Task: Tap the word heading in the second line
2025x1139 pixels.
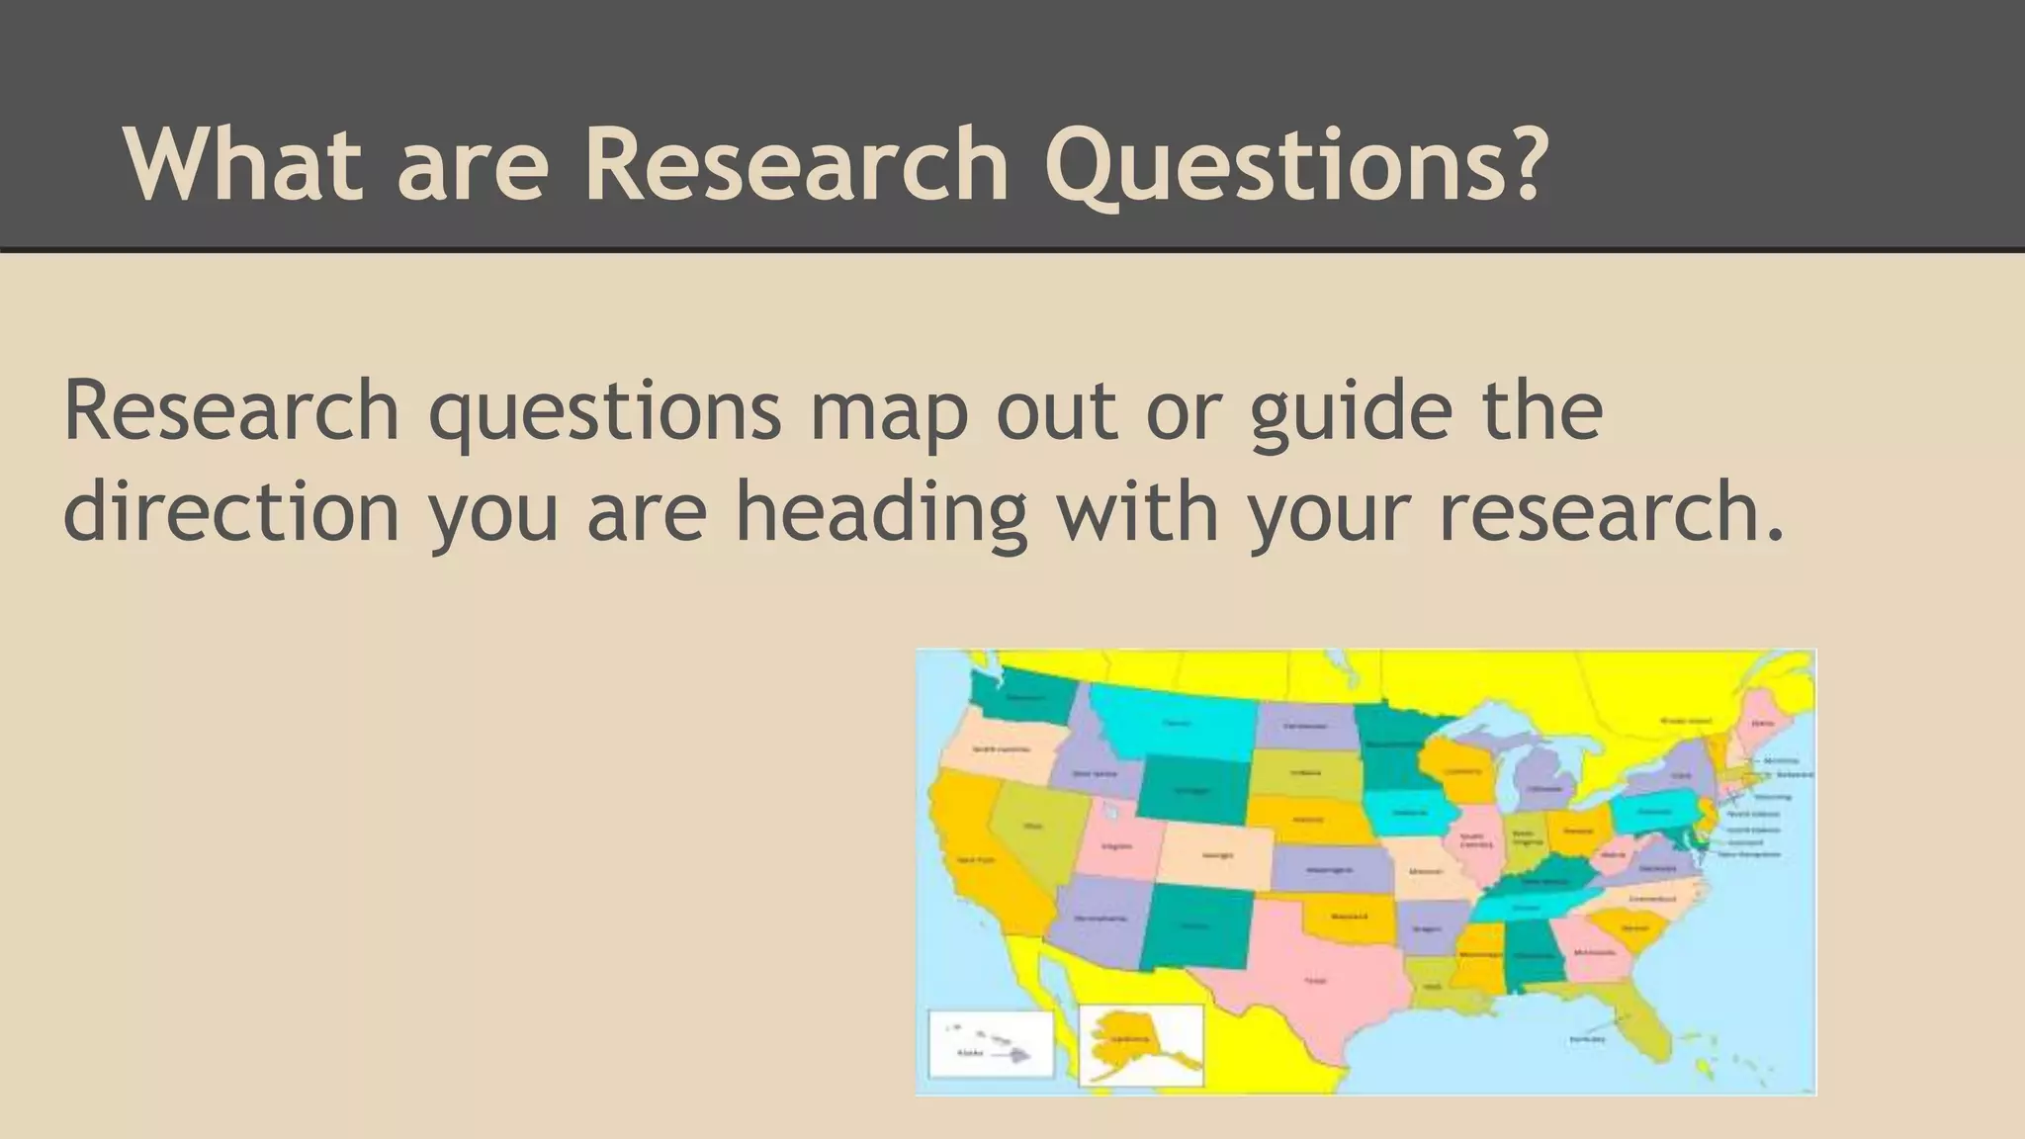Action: click(x=881, y=514)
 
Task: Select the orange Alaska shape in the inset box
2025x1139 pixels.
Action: click(x=1127, y=1038)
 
